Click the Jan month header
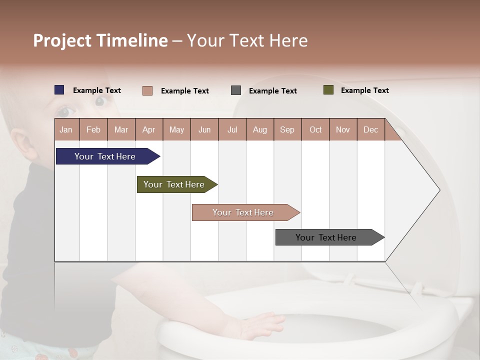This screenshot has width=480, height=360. coord(66,130)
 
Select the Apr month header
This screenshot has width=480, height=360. coord(148,130)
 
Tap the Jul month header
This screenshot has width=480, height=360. coord(232,130)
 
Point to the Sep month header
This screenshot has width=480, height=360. coord(287,130)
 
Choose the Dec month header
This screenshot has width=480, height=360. coord(370,130)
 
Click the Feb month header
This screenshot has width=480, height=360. coord(93,130)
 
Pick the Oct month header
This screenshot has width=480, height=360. coord(315,130)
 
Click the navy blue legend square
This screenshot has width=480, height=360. coord(59,90)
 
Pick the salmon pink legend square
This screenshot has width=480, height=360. coord(147,90)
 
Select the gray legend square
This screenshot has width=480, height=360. coord(236,90)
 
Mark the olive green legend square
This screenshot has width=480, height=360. coord(328,90)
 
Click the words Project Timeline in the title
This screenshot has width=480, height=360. coord(100,40)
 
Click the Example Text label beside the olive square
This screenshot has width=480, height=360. coord(364,90)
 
